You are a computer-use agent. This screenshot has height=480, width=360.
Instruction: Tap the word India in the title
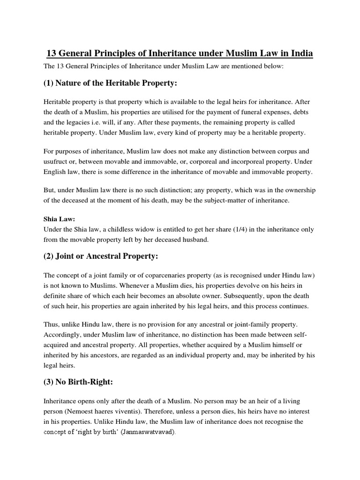(x=302, y=53)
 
